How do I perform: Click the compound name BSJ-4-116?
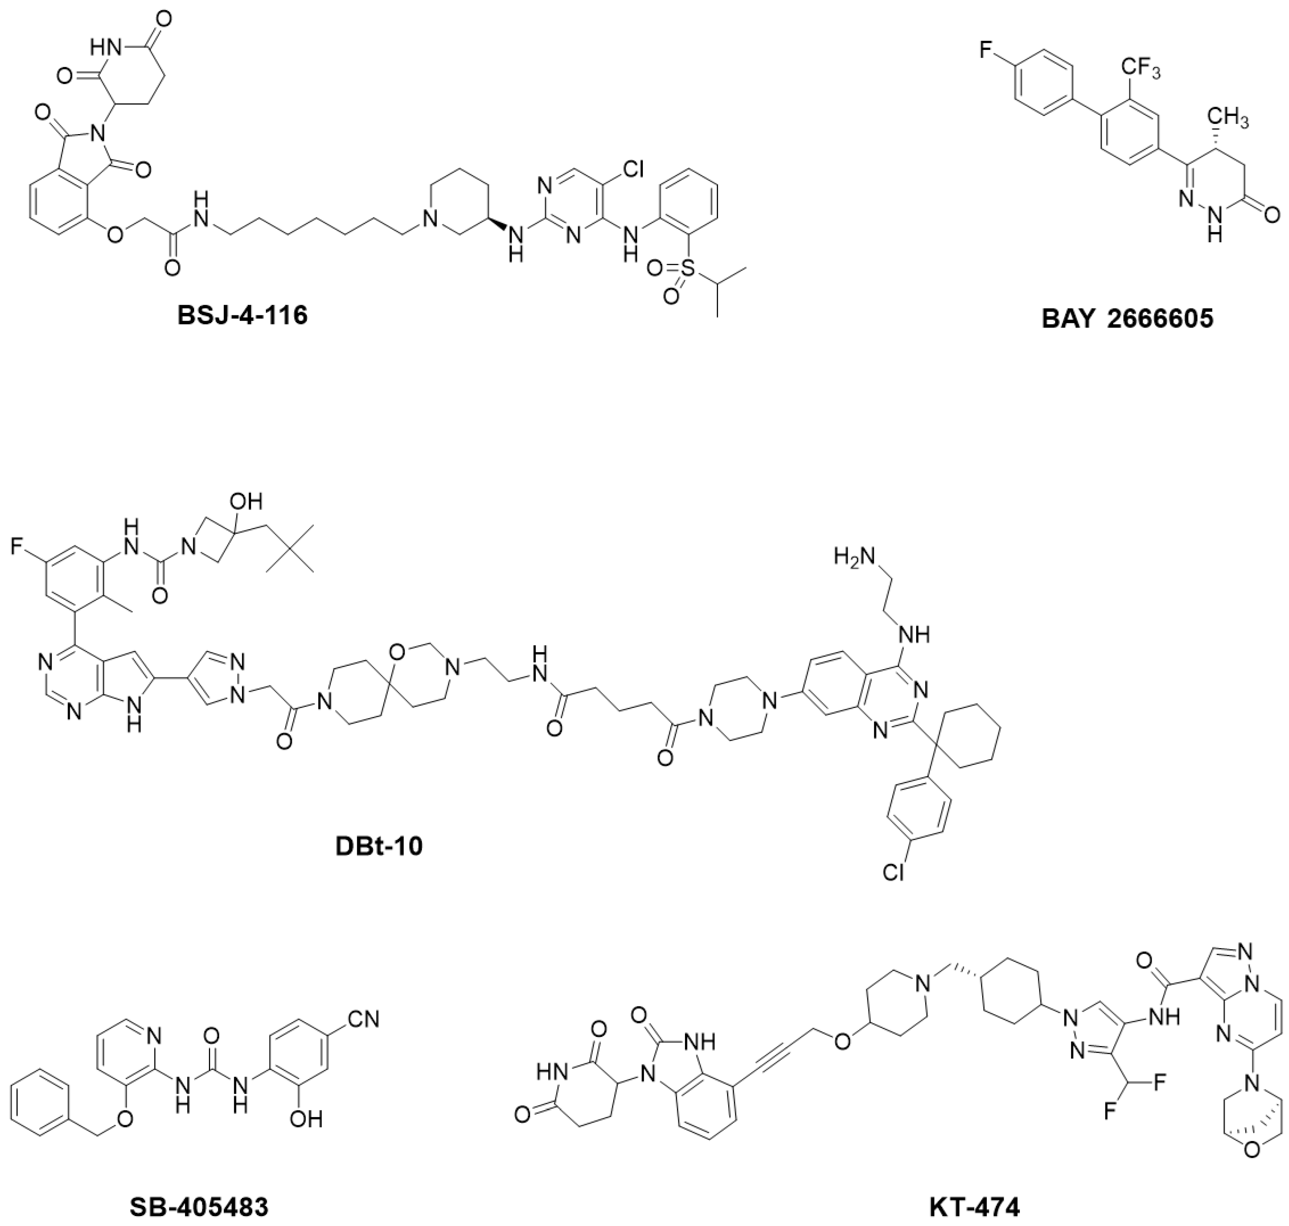click(242, 316)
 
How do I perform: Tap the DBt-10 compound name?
click(379, 846)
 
